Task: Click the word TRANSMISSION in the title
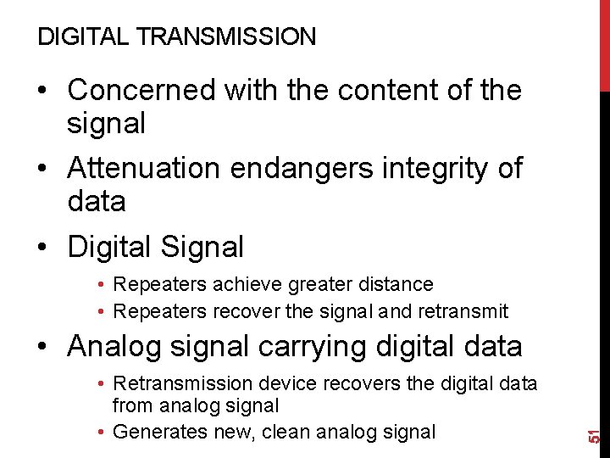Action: tap(227, 36)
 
